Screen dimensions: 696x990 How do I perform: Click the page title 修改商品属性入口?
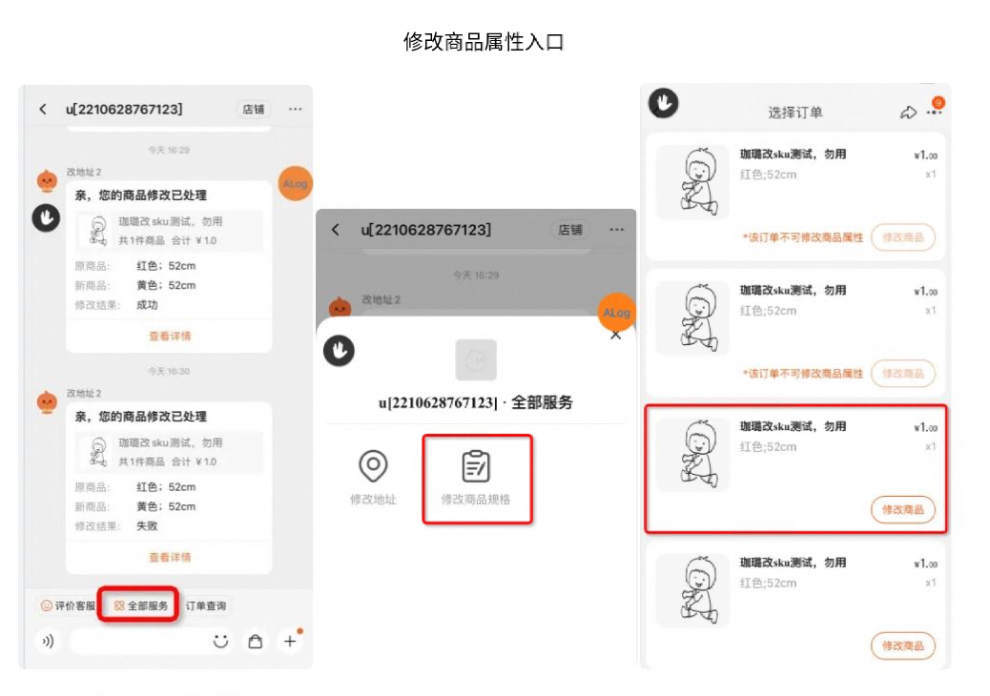(484, 42)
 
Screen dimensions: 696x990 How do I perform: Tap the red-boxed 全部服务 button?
(141, 605)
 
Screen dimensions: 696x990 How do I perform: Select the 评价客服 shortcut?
(68, 605)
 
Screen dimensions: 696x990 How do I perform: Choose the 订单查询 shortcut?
(206, 605)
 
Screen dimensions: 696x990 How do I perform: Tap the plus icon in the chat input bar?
(289, 642)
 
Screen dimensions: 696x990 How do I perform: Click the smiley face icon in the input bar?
(221, 642)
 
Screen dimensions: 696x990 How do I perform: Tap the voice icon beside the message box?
(47, 642)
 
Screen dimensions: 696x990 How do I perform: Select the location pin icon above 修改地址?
(373, 466)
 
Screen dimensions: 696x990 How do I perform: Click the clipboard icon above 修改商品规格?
(476, 466)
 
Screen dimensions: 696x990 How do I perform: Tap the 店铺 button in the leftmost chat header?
(253, 110)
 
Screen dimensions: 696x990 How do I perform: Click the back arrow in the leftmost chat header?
(43, 110)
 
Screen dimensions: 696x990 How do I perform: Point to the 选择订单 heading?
(794, 113)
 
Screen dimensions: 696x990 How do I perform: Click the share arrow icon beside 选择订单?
(907, 113)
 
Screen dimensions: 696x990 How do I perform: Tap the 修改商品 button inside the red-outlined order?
(902, 510)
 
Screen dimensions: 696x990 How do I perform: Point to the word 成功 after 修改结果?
(147, 305)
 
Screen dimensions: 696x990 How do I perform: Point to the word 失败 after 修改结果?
(147, 526)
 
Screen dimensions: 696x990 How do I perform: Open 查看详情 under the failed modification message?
(170, 557)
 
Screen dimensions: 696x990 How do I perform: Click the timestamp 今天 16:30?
(169, 371)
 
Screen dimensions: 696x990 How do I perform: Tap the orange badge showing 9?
(938, 102)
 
